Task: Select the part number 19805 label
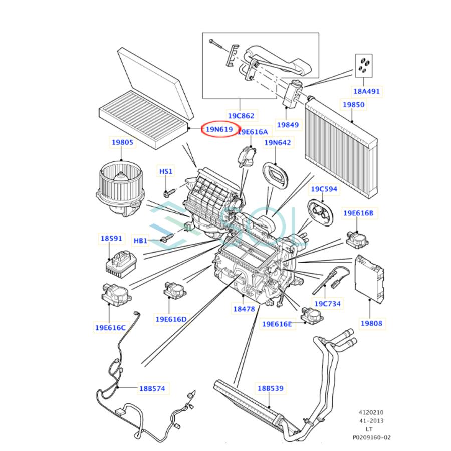click(122, 142)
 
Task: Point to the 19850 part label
click(353, 105)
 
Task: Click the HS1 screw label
click(166, 172)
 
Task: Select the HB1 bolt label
click(140, 241)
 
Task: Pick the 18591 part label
click(112, 239)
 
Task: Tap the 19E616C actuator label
click(110, 328)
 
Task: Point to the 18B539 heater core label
click(271, 388)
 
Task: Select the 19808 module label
click(371, 323)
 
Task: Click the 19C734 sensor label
click(327, 304)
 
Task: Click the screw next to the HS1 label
click(168, 192)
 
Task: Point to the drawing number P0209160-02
click(371, 437)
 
